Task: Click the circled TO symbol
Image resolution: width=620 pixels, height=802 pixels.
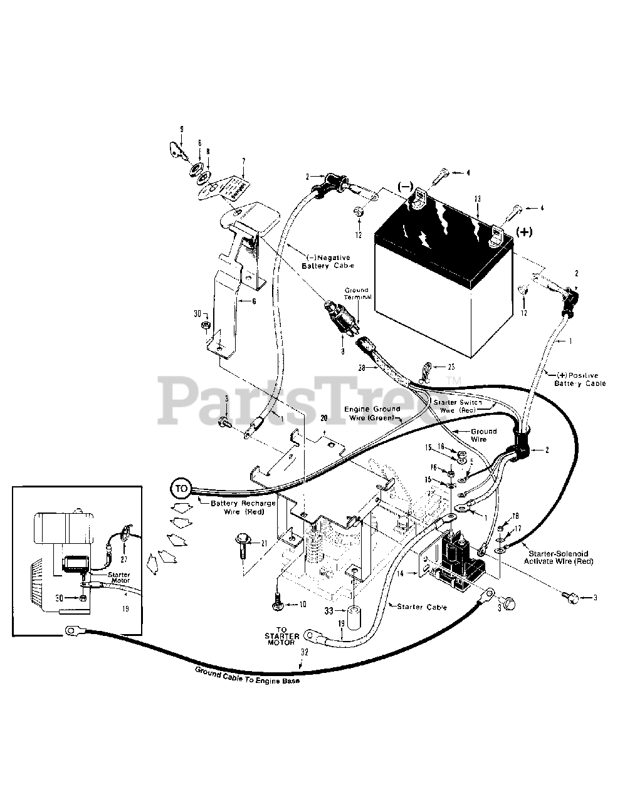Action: (181, 487)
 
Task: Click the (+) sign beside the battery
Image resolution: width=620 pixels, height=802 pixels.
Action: (523, 231)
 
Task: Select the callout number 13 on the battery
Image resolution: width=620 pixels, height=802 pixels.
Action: (478, 199)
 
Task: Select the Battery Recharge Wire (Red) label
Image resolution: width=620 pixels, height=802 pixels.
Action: (237, 508)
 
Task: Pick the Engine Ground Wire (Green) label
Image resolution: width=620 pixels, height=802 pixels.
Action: (374, 414)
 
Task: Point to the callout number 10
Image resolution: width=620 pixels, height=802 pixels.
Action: (303, 605)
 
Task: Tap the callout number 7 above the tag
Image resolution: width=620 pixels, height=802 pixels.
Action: (243, 161)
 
